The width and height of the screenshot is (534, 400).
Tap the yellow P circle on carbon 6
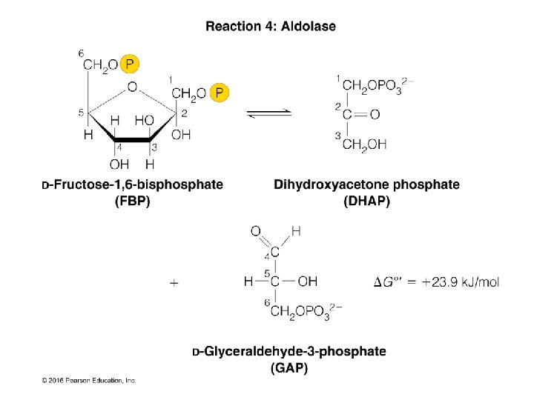click(130, 65)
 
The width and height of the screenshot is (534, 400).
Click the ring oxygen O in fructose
click(132, 87)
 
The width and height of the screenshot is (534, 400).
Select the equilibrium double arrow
click(268, 113)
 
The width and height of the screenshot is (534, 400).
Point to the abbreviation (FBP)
click(132, 201)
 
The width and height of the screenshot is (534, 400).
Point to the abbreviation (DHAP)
click(366, 201)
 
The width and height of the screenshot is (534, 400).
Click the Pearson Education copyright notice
click(88, 380)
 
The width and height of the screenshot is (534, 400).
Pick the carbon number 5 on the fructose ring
click(81, 113)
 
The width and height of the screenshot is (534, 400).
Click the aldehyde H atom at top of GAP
click(295, 231)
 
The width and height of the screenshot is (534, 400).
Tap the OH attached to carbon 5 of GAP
click(307, 281)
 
